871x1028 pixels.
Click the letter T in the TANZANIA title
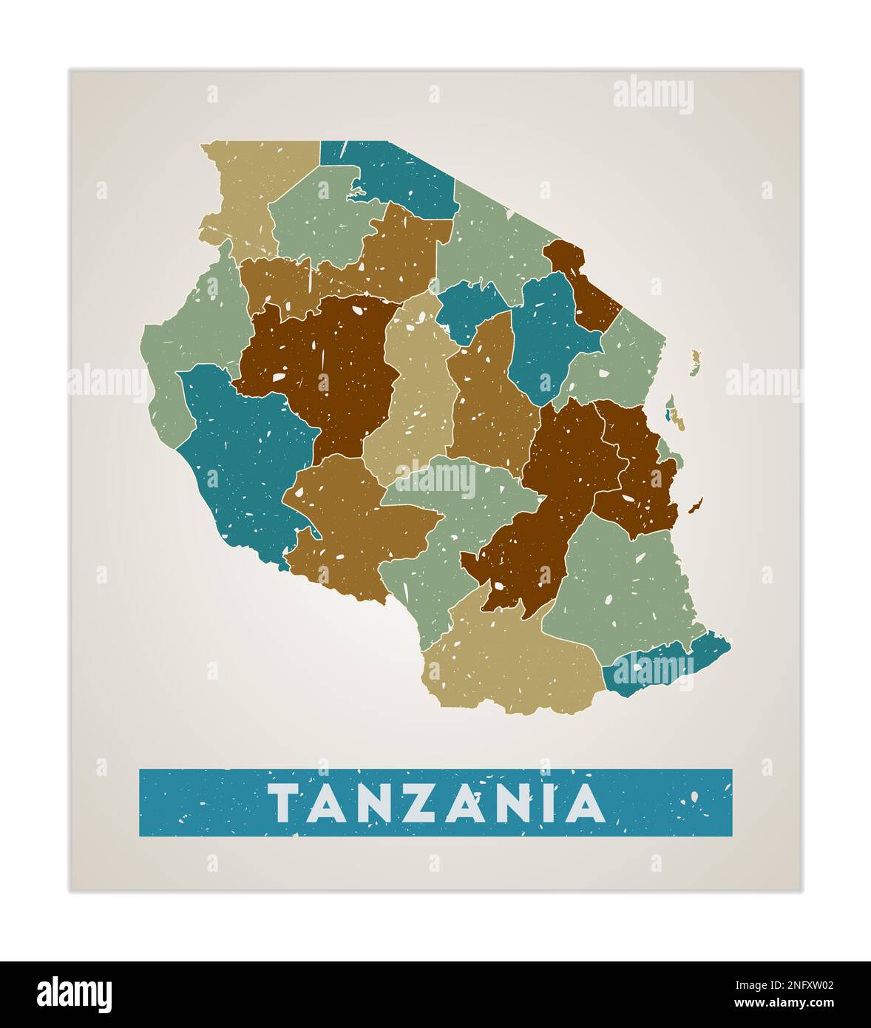[x=282, y=803]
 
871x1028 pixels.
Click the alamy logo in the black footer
[x=75, y=994]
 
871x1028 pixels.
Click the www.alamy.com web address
[x=783, y=1004]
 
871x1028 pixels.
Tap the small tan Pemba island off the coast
[x=695, y=362]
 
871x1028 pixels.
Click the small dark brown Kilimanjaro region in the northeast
[x=584, y=288]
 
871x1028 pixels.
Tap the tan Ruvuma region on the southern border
[x=510, y=662]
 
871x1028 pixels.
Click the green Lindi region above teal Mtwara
[x=621, y=584]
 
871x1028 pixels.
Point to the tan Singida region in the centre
[x=414, y=392]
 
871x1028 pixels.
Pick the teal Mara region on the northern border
[x=399, y=177]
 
